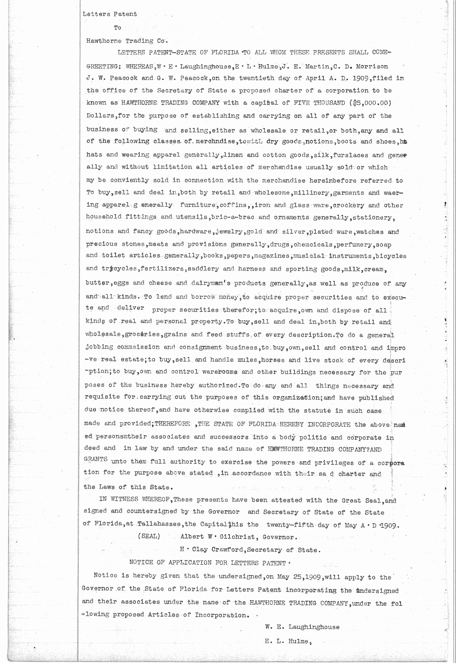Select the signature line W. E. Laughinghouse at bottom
pyautogui.click(x=302, y=627)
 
